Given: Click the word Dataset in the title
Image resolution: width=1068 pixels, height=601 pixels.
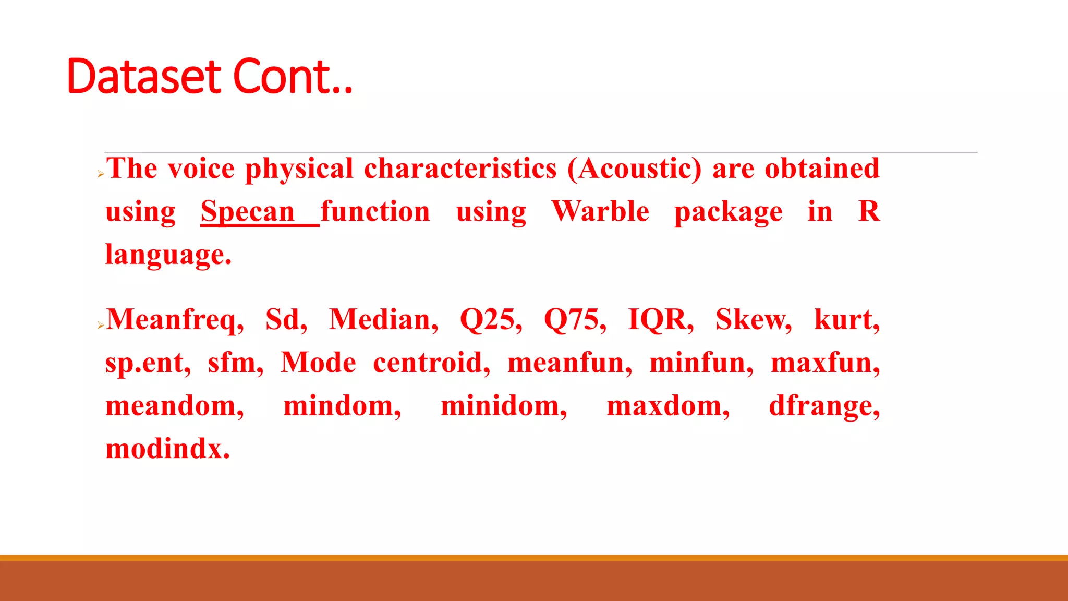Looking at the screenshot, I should pos(144,77).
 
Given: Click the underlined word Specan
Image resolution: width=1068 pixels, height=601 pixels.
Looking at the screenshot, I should pos(248,212).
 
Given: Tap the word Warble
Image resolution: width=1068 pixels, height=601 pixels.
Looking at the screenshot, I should pos(600,212).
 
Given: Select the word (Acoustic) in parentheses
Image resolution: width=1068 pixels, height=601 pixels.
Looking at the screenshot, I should pos(634,169).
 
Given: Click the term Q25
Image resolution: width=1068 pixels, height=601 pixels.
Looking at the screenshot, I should pos(490,320).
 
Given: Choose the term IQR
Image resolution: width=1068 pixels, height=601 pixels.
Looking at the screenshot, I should pos(660,320).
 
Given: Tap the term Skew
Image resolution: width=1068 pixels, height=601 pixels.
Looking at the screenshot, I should pos(753,320).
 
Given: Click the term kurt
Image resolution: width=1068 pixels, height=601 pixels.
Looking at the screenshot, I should pos(846,320).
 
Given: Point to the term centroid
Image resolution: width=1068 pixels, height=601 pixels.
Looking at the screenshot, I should pos(431,363).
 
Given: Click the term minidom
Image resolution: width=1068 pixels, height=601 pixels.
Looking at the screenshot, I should pos(503,406).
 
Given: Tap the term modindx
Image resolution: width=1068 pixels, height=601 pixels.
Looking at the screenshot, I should pos(167,449).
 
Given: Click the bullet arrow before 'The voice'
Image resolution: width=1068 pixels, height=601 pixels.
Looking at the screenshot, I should pos(101,174).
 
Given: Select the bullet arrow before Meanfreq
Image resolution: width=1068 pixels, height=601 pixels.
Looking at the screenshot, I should pos(101,326).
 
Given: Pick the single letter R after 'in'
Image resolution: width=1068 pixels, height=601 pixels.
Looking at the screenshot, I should pos(869,212).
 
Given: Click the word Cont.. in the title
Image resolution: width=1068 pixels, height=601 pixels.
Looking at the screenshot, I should pos(293,77).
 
